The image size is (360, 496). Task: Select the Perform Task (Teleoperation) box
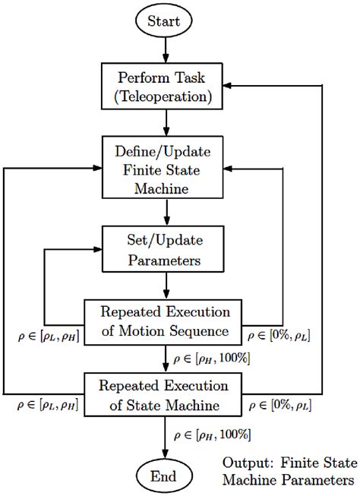point(166,87)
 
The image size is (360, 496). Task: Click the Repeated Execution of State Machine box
point(166,393)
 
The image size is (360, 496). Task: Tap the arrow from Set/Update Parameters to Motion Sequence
point(166,285)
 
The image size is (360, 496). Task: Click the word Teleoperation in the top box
point(166,96)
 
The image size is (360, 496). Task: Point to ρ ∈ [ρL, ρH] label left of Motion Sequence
point(50,334)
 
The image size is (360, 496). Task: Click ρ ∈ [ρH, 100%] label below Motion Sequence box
point(212,358)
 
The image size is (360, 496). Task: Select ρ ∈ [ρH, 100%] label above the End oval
point(212,434)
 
